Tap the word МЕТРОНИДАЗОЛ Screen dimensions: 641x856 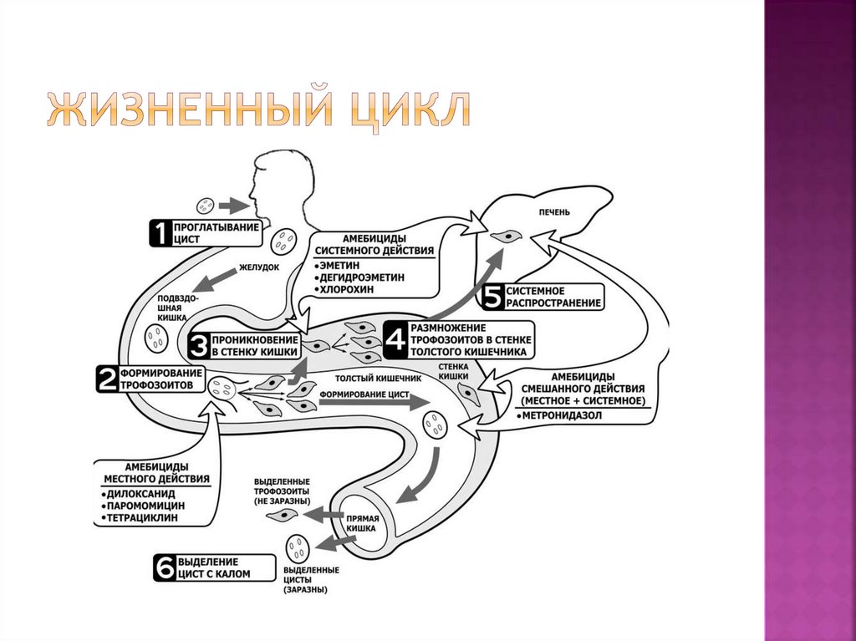coord(565,415)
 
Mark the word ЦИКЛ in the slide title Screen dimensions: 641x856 coord(409,110)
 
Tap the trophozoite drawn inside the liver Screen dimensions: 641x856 coord(507,237)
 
